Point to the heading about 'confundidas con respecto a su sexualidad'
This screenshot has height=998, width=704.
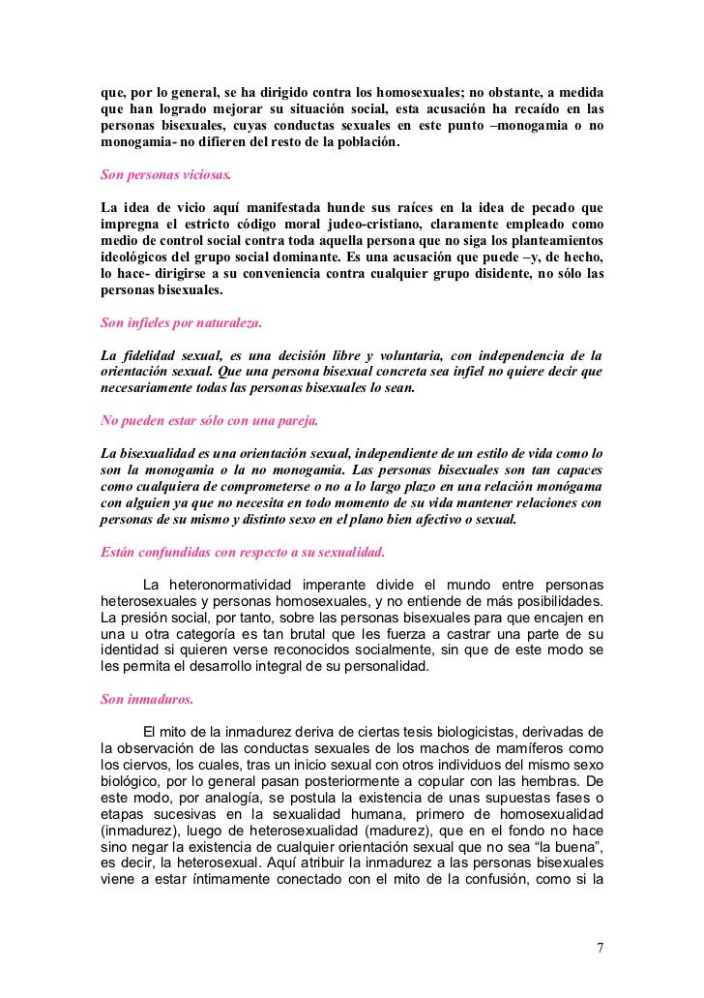point(243,553)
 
